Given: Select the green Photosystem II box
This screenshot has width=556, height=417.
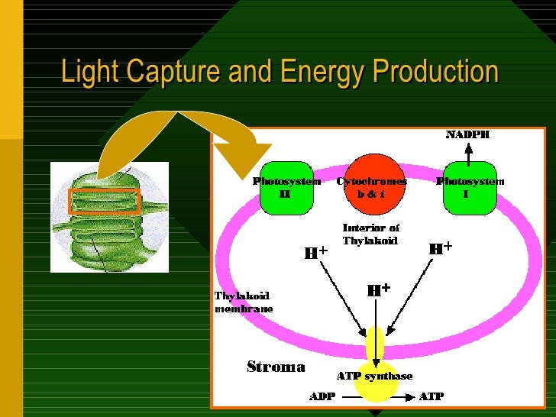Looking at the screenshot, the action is [286, 188].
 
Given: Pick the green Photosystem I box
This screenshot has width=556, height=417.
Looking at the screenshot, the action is [470, 188].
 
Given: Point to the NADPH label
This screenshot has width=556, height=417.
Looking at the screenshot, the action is [467, 135].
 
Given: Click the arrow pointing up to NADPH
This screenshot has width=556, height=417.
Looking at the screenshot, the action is [469, 151].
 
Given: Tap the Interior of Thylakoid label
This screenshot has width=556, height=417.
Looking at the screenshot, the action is [370, 234].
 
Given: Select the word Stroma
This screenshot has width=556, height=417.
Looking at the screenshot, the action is [276, 367].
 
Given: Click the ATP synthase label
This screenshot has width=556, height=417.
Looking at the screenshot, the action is [374, 376].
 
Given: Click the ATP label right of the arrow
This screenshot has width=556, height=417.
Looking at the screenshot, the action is [432, 396].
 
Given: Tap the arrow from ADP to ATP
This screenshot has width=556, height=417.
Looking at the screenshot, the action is [377, 397].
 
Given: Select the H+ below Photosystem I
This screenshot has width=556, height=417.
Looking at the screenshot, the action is [441, 248].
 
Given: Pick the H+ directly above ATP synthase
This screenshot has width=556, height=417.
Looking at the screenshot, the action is [379, 290].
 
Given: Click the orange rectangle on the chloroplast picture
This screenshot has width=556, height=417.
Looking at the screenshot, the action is [105, 201].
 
